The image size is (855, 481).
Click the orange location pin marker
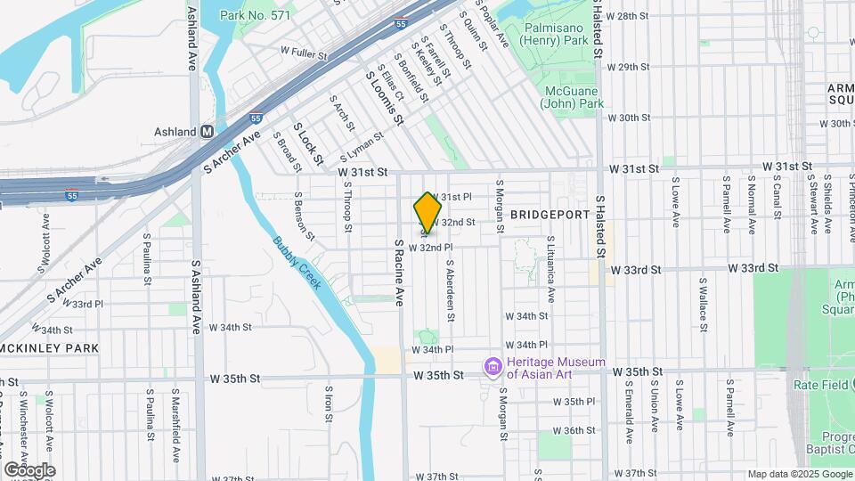[428, 213]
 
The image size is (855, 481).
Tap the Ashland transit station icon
[208, 131]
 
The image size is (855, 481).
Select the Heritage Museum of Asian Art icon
[491, 367]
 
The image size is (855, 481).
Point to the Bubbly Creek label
[297, 260]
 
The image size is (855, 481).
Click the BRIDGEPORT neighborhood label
[550, 216]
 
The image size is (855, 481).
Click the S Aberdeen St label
[452, 289]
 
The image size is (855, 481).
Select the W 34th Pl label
[526, 345]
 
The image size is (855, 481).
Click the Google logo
[29, 470]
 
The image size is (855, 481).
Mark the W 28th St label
[628, 16]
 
